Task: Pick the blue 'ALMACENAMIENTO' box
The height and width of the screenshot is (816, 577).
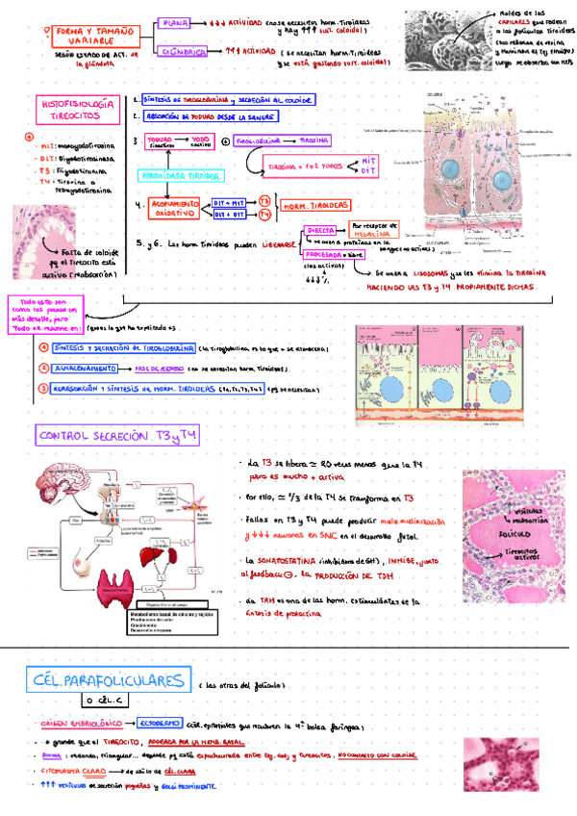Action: [x=86, y=368]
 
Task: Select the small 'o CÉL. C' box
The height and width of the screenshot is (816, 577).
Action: [x=107, y=703]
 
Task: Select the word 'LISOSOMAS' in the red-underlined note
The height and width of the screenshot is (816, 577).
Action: [x=420, y=246]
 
